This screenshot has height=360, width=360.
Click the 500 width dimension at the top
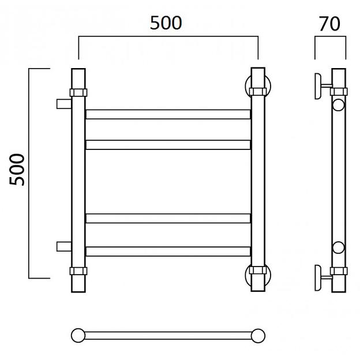coord(166,23)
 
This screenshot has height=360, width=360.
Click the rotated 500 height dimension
coord(17,170)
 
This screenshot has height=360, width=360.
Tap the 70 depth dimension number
coord(329,24)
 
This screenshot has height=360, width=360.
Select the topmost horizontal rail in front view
coord(168,114)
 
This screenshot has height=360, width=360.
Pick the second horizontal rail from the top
coord(168,145)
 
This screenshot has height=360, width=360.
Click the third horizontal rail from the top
coord(168,218)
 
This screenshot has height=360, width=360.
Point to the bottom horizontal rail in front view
coord(168,252)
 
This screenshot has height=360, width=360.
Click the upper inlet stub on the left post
coord(64,104)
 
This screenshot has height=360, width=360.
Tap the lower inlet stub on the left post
coord(64,246)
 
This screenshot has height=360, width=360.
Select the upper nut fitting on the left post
coord(78,92)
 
